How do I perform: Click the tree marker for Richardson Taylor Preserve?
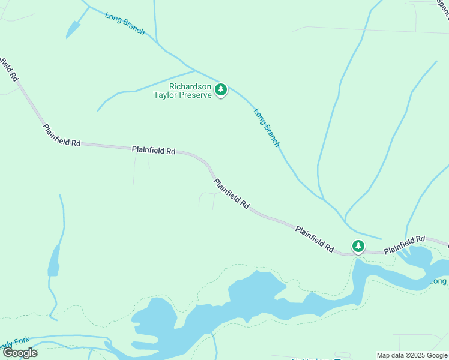coord(221,90)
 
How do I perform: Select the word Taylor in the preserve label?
coord(167,95)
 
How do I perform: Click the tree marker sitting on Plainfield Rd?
coord(358,246)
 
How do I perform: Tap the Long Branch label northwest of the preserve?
coord(124,23)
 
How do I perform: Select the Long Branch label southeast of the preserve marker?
coord(267,127)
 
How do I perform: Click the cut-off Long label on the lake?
coord(439,281)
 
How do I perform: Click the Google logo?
coord(20,353)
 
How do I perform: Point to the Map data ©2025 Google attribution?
coord(412,355)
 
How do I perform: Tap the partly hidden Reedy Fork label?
coord(14,341)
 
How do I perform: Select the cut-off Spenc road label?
coord(443,8)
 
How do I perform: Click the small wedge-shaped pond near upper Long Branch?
coord(73,29)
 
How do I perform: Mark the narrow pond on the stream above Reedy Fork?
coord(54,261)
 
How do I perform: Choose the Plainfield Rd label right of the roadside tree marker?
coord(404,243)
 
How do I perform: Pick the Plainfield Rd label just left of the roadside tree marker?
coord(314,238)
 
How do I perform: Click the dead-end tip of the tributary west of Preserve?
coord(98,110)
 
